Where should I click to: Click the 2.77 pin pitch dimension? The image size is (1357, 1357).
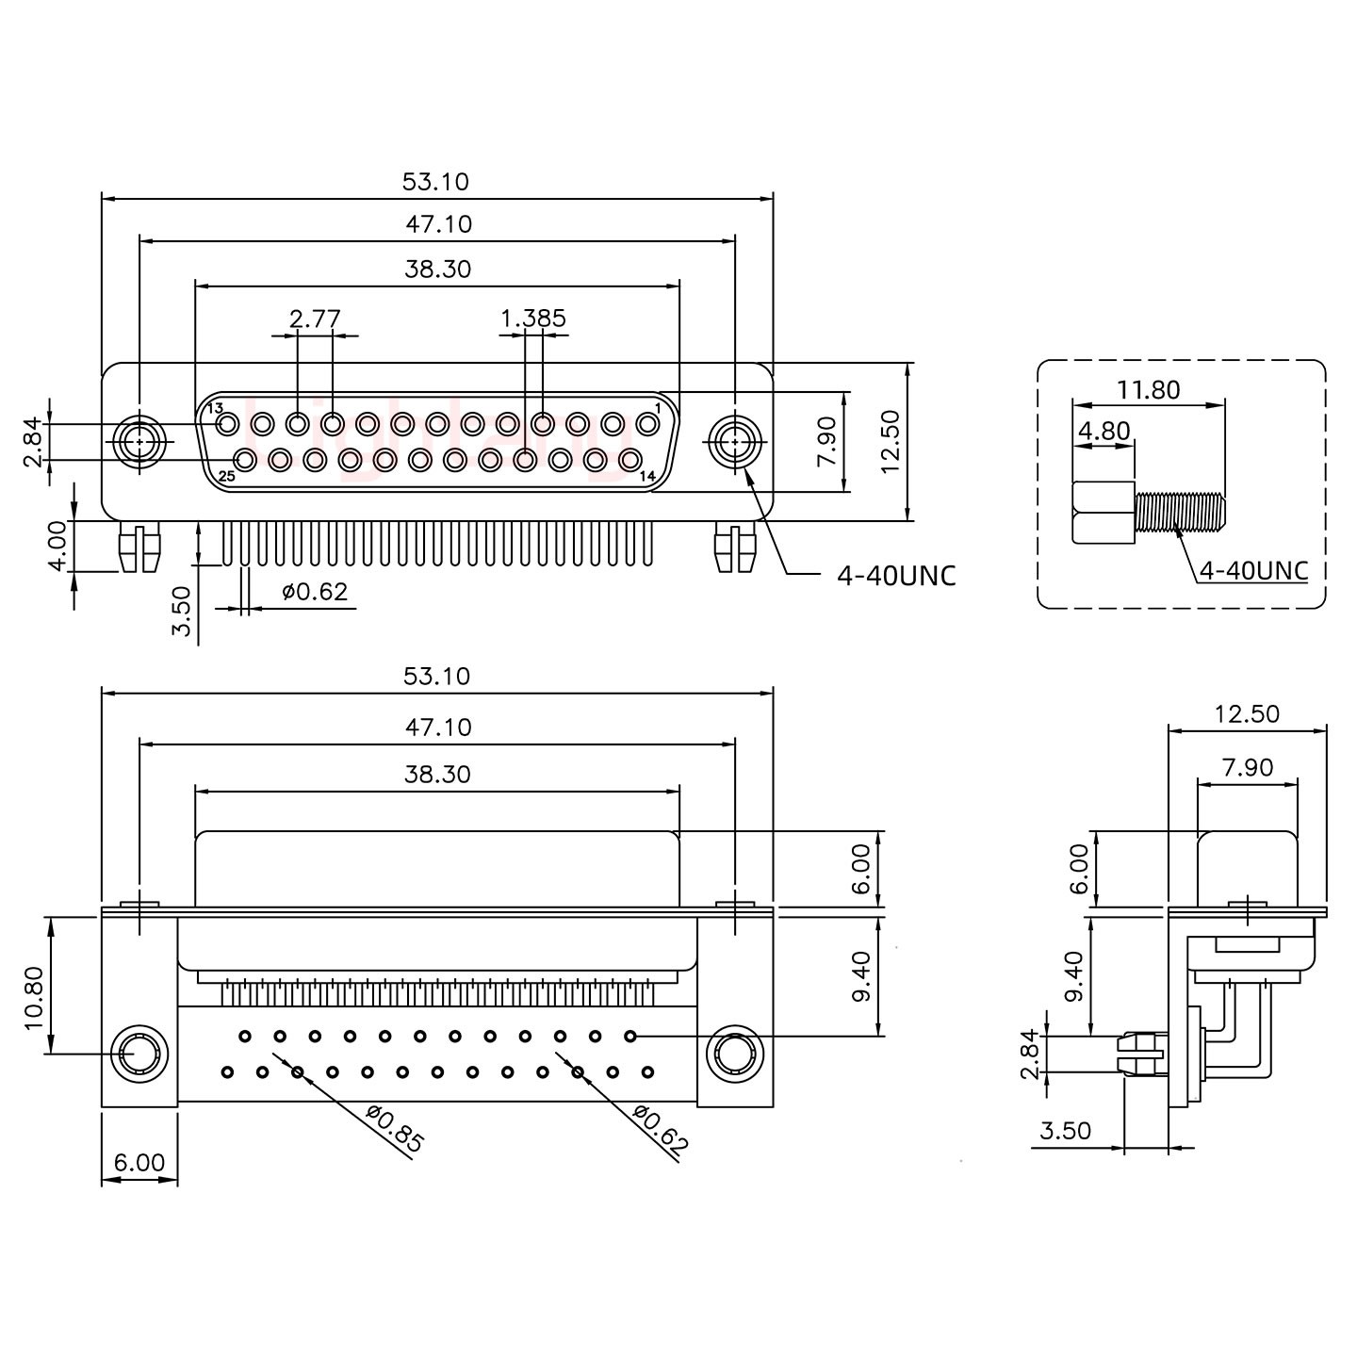click(x=315, y=319)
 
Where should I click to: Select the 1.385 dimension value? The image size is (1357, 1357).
click(x=533, y=319)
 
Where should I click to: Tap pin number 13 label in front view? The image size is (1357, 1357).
click(x=214, y=409)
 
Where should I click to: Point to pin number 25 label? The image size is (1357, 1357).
click(x=226, y=476)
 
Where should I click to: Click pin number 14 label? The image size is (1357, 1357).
click(x=647, y=476)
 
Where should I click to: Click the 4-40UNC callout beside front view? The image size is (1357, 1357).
click(x=896, y=575)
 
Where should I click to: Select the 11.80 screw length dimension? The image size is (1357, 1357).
click(x=1149, y=389)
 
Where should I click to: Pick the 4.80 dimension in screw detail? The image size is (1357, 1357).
click(x=1104, y=432)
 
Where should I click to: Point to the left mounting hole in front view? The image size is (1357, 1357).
click(x=139, y=440)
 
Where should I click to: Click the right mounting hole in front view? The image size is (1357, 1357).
click(x=734, y=440)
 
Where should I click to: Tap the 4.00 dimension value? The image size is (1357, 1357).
click(x=57, y=546)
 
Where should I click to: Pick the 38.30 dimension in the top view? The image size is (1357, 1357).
click(x=436, y=269)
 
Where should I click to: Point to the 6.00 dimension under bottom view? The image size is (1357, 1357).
click(x=139, y=1163)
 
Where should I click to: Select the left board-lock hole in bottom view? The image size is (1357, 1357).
click(x=139, y=1053)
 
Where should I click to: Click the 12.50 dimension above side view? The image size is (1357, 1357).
click(x=1247, y=713)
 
